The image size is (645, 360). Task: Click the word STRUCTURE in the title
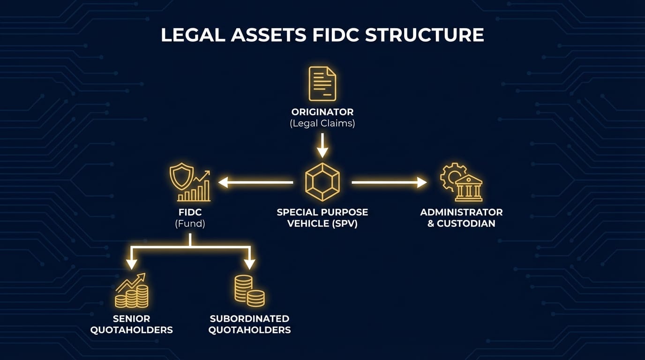coord(424,36)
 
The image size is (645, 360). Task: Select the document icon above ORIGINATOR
coord(322,84)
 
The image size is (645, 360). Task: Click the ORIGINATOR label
coord(322,112)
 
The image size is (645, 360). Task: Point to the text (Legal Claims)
coord(322,124)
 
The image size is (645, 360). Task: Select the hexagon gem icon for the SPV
coord(322,182)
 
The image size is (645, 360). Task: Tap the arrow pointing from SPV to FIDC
coord(255,182)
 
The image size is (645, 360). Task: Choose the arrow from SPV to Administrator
coord(389,182)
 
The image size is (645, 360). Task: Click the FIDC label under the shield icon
coord(190,212)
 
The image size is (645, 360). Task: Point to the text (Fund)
coord(190,224)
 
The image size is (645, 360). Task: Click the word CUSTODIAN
coord(466,224)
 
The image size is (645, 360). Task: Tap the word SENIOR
coord(131,319)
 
